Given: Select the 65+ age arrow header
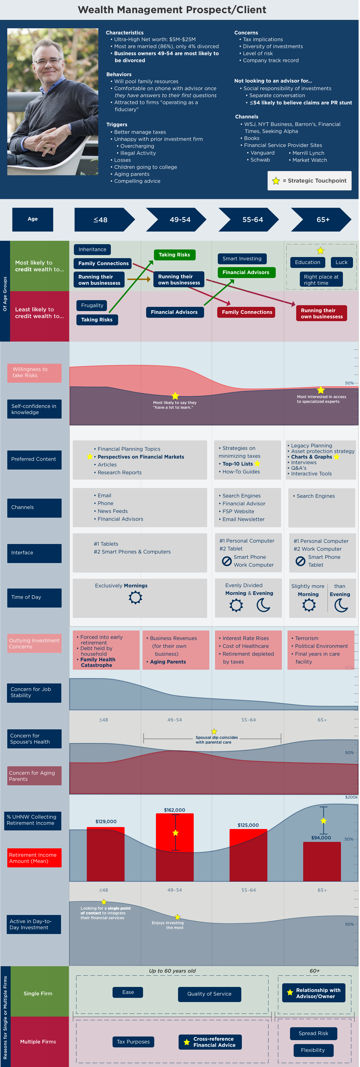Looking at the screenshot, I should click(321, 220).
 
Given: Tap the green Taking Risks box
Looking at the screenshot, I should click(174, 255).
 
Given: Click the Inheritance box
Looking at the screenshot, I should click(92, 249).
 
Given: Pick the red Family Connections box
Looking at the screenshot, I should click(247, 312).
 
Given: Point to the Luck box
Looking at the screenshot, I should click(341, 262).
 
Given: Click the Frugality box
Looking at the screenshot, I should click(92, 305).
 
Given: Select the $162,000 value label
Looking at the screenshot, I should click(174, 810).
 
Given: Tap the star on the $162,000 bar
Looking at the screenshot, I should click(175, 833).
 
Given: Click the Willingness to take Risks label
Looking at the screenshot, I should click(34, 372).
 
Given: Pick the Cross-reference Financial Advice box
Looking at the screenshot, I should click(210, 1042).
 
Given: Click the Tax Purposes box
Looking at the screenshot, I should click(133, 1042).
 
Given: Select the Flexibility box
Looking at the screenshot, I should click(313, 1050).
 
